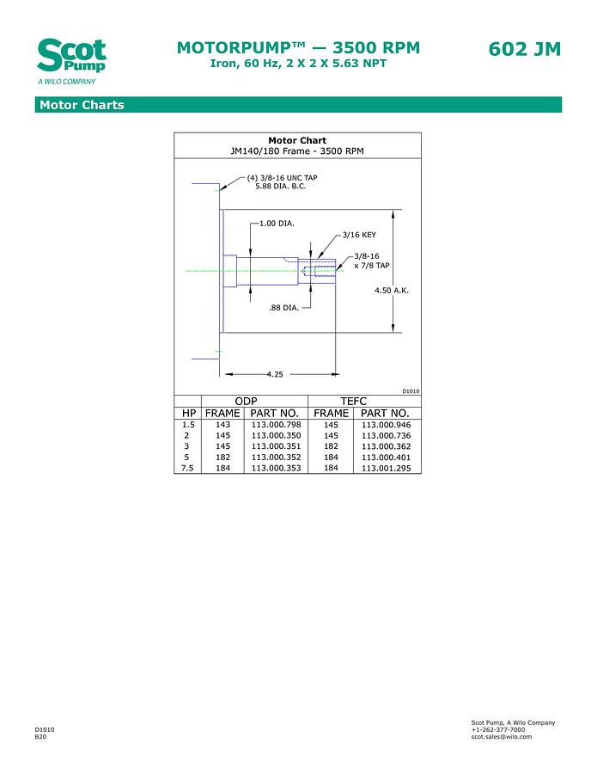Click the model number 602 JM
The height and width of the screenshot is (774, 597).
(524, 49)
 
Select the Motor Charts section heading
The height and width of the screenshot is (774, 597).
(82, 105)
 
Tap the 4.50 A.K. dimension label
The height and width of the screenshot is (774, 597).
(392, 290)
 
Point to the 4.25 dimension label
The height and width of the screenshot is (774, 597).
(275, 374)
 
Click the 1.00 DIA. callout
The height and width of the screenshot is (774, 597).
(277, 223)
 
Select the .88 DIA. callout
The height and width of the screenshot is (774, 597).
(283, 307)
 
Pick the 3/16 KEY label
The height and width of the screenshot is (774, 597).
(358, 234)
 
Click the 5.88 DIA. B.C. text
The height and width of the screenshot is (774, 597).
(280, 186)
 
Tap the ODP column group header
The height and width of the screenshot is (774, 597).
(247, 402)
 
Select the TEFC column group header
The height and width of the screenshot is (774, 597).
(353, 402)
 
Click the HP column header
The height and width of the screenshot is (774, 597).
(188, 413)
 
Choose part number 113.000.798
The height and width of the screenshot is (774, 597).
(276, 425)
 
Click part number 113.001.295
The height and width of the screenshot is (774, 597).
(386, 469)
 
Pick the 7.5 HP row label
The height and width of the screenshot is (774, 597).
(187, 468)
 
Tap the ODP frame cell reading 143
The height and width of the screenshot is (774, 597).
(222, 425)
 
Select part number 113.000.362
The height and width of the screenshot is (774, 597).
(386, 446)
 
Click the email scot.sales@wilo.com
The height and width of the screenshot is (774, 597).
(501, 736)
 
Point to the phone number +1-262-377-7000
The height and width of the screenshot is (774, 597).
(497, 729)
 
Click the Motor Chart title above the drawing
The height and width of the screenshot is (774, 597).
(297, 140)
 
